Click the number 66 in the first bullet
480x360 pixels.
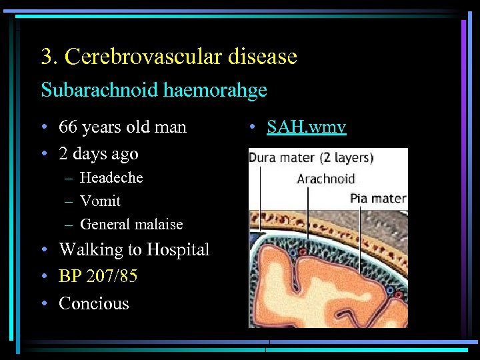point(68,127)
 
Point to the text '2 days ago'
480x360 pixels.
point(99,154)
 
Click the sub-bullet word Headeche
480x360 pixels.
point(111,178)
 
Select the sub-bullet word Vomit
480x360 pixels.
point(100,201)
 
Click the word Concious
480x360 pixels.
point(94,303)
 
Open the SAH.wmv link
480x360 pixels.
point(306,127)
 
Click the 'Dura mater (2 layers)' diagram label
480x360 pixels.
point(311,159)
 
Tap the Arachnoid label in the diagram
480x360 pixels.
point(326,179)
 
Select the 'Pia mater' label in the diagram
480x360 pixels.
point(378,198)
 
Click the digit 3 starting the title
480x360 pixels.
point(46,57)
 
